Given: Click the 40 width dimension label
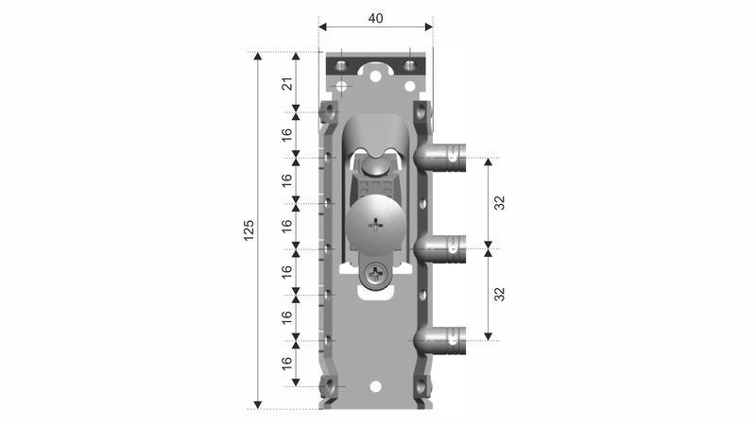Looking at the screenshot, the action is (375, 18).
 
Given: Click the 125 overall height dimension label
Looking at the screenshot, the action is (249, 230).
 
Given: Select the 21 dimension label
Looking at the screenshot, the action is (287, 84).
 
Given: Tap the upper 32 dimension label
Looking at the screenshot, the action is (500, 203).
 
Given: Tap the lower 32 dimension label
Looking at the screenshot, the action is (500, 294).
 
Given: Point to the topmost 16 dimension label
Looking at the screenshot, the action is (287, 135).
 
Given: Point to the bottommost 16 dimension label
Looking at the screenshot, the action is (287, 364).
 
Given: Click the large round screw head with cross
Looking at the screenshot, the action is (375, 223).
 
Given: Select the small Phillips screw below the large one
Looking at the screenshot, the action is (376, 276).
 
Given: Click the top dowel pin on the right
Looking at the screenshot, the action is (439, 158).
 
